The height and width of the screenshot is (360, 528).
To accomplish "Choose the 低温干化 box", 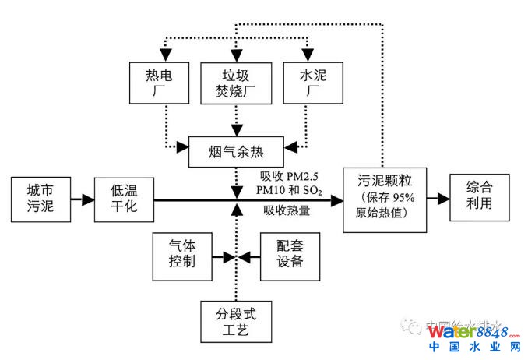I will pyautogui.click(x=123, y=199).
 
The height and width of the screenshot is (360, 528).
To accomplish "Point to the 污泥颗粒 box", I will pyautogui.click(x=386, y=199).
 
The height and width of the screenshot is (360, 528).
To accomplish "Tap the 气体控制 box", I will pyautogui.click(x=181, y=256).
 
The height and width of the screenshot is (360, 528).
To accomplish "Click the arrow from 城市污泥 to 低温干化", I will pyautogui.click(x=80, y=199).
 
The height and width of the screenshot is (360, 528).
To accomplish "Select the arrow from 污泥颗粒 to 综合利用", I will pyautogui.click(x=440, y=199).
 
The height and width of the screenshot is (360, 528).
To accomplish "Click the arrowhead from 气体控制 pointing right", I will pyautogui.click(x=227, y=256).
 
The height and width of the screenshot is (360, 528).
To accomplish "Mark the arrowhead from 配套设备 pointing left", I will pyautogui.click(x=244, y=256).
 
